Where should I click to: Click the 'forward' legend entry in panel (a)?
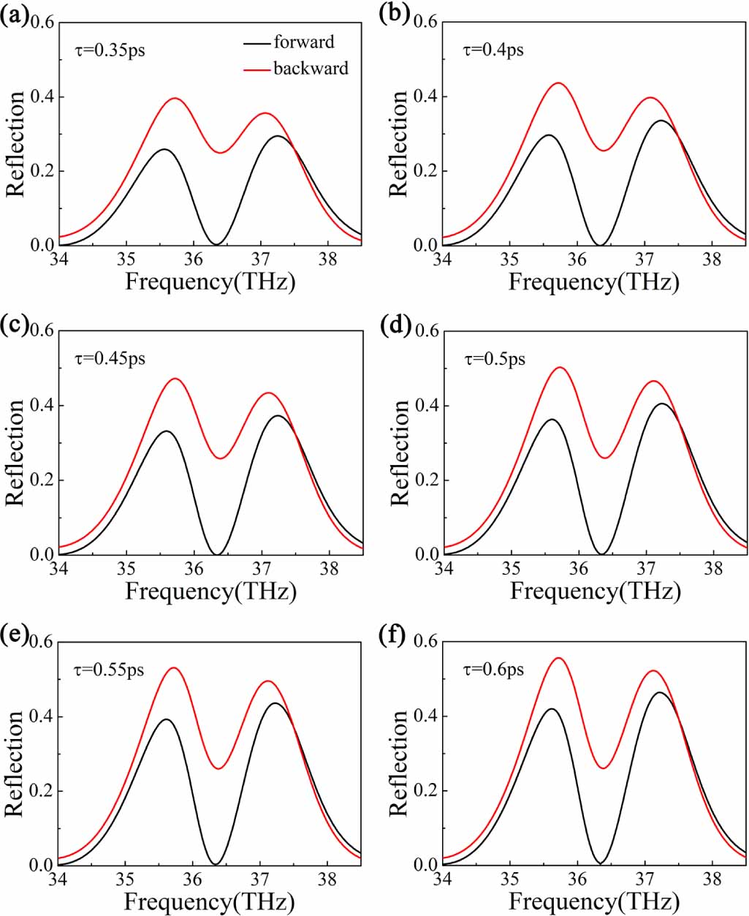click(x=303, y=42)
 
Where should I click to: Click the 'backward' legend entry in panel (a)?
click(x=311, y=69)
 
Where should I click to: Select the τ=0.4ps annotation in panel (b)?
click(x=493, y=50)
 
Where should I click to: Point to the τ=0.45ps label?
click(x=110, y=359)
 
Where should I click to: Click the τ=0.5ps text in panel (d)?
click(x=495, y=360)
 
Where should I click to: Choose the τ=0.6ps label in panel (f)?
click(x=493, y=670)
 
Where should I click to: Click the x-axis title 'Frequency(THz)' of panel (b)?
click(x=593, y=282)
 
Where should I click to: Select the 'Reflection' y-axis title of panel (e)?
click(x=15, y=763)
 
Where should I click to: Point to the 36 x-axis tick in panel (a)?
click(x=194, y=259)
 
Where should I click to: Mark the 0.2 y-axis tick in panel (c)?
click(x=42, y=480)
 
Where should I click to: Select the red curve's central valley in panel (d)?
click(x=605, y=458)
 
